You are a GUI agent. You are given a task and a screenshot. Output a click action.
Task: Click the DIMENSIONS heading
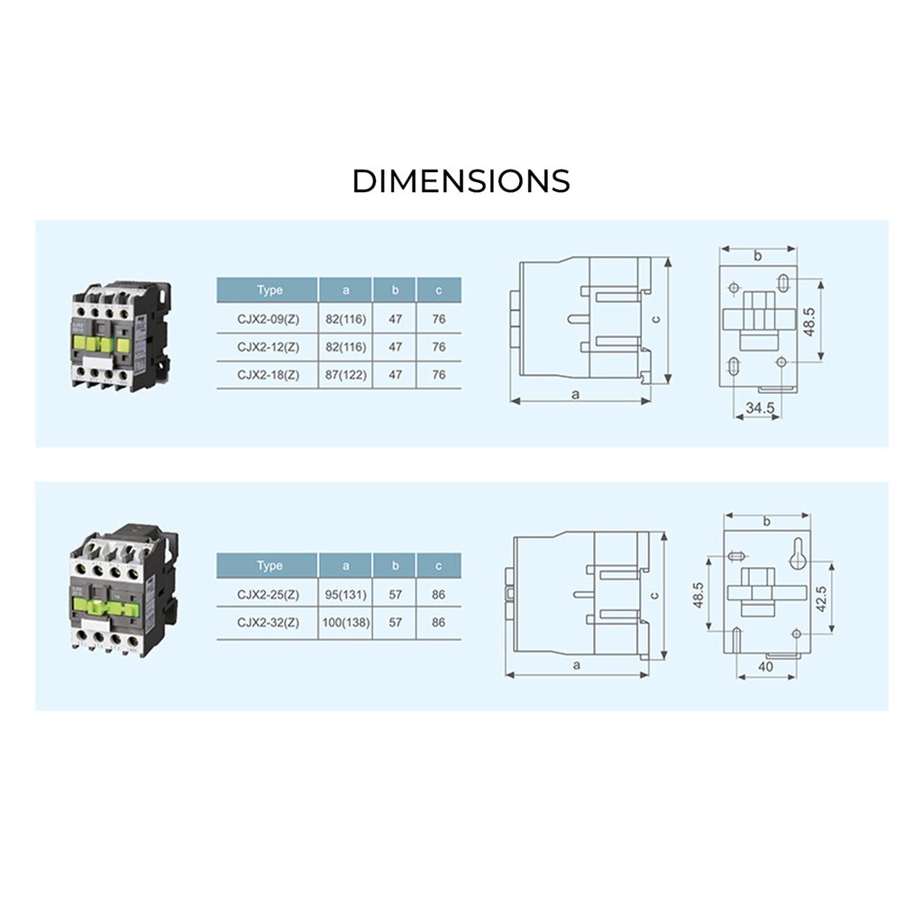pos(461,180)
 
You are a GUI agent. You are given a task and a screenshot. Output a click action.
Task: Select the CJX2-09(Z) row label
pos(268,319)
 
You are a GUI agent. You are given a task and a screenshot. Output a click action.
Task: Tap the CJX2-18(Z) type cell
pos(268,375)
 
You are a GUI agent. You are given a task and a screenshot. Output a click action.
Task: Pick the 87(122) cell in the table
pos(345,375)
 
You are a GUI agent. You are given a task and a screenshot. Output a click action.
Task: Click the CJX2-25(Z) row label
pos(268,594)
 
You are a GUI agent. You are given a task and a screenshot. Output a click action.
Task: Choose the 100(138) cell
pos(345,622)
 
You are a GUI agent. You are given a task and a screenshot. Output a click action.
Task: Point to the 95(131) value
pos(345,594)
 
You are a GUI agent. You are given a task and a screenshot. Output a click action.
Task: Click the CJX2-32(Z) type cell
pos(268,622)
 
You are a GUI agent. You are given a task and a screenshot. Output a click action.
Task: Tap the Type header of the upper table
pos(269,290)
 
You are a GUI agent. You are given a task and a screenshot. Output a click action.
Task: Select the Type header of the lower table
pos(269,566)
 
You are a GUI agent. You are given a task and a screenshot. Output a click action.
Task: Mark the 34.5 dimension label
pos(759,407)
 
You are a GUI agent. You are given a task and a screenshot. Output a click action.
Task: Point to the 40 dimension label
pos(766,667)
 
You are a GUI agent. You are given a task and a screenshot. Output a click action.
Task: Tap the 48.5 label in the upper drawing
pos(809,322)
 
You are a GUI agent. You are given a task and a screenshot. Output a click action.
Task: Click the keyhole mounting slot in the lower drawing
pos(796,559)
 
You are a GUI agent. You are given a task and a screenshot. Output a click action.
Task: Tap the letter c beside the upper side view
pos(657,318)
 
